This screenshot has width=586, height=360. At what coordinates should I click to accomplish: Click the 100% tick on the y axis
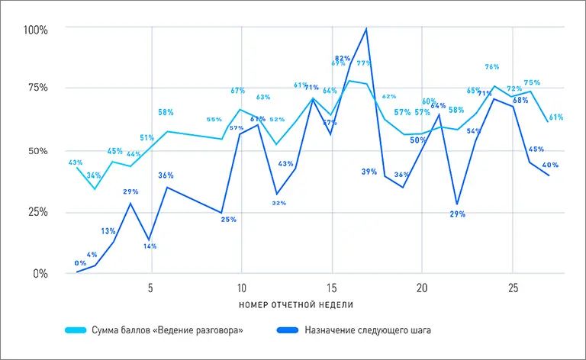coord(35,30)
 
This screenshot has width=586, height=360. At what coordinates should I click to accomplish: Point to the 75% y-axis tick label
coord(37,88)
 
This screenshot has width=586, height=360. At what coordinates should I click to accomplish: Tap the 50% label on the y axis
coord(37,151)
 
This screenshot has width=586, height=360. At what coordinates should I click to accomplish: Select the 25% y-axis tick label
coord(37,212)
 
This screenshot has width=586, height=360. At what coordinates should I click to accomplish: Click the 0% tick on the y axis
coord(40,273)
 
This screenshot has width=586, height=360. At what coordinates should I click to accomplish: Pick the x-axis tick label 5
coord(151,289)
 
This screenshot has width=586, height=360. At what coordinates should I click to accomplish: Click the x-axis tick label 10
coord(241,289)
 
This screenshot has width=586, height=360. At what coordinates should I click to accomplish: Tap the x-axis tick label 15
coord(331,289)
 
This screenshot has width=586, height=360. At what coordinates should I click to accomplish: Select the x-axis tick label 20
coord(421,289)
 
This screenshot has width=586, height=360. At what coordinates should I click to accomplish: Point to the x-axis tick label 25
coord(511,289)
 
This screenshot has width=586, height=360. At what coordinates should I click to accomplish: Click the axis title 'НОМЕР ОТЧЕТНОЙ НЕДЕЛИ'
coord(296,304)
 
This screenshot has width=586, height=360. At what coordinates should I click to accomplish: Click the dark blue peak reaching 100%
coord(367,29)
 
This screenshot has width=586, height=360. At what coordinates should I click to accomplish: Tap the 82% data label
coord(342,58)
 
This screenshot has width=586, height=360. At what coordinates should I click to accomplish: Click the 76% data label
coord(492,67)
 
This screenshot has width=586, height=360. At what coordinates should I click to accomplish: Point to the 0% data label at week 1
coord(80,263)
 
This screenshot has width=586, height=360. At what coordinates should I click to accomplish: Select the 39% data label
coord(369,172)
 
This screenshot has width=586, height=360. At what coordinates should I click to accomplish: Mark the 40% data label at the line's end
coord(550,165)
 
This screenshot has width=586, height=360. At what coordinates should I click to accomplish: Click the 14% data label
coord(150,246)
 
